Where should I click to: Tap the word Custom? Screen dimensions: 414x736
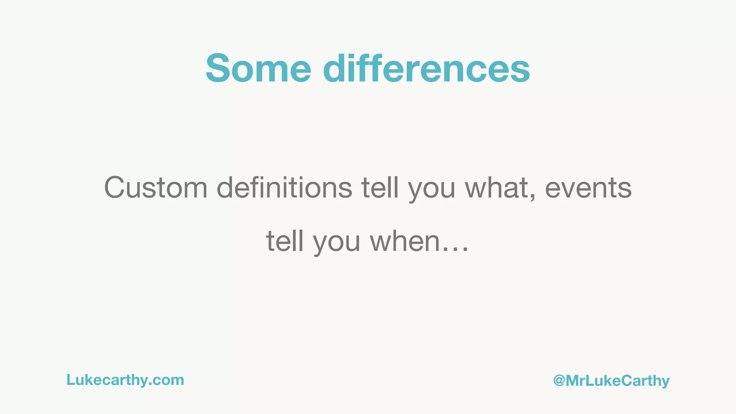click(x=156, y=188)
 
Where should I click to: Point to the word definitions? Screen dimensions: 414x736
click(x=284, y=188)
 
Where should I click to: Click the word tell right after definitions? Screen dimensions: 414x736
click(x=380, y=188)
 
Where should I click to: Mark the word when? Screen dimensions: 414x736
click(x=405, y=241)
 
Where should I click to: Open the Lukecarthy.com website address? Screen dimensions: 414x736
click(x=125, y=380)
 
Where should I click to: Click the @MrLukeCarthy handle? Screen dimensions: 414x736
click(x=611, y=381)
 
